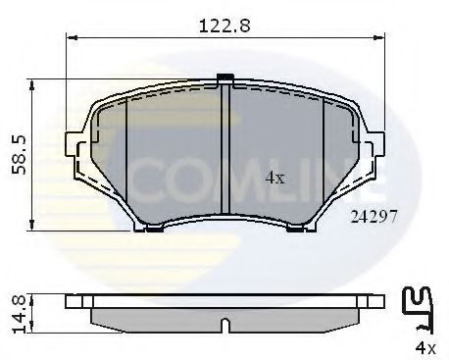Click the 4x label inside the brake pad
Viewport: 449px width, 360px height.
pyautogui.click(x=275, y=179)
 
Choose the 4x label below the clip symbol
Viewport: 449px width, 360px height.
pyautogui.click(x=423, y=347)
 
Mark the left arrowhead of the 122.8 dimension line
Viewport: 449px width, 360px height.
pyautogui.click(x=70, y=40)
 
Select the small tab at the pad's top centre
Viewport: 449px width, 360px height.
pyautogui.click(x=224, y=78)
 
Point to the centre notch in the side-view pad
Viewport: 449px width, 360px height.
pyautogui.click(x=224, y=323)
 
